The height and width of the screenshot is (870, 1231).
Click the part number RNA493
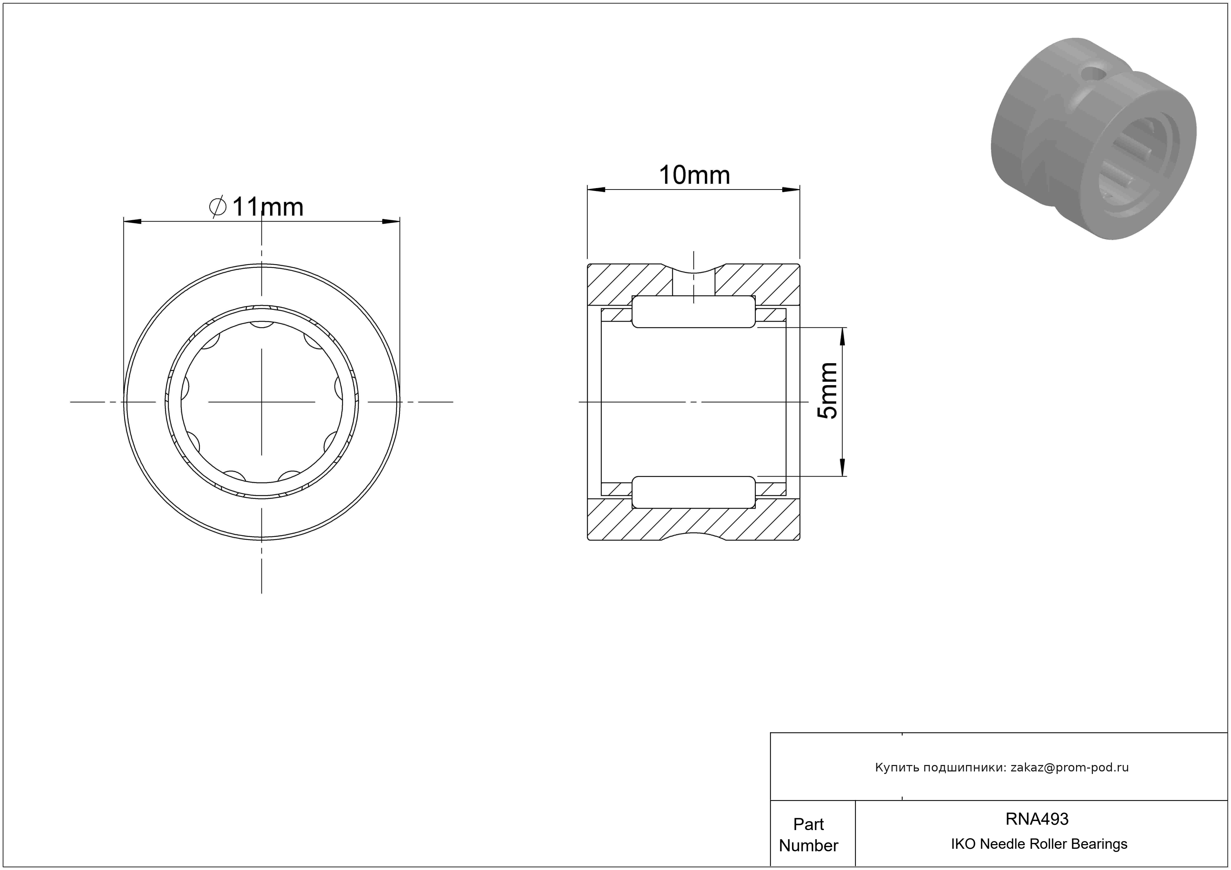1037,819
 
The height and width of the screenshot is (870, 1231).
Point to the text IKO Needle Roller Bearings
1039,844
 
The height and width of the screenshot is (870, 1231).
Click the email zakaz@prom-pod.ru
1070,767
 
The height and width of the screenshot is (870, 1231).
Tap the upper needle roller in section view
694,311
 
